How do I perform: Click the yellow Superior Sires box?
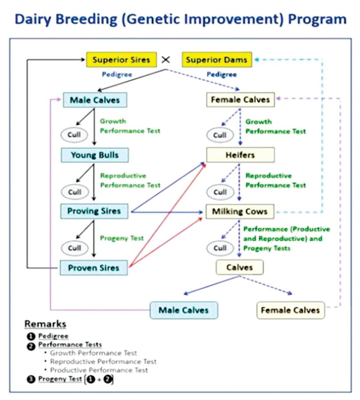click(121, 60)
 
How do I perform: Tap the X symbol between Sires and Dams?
click(166, 60)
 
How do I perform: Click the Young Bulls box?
click(94, 155)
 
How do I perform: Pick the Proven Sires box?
click(94, 267)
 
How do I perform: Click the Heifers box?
click(240, 155)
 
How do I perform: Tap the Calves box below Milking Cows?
click(240, 267)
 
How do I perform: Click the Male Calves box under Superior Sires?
click(95, 100)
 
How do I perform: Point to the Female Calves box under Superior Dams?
click(240, 100)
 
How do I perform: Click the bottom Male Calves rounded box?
click(184, 310)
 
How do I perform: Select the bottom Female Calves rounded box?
click(290, 310)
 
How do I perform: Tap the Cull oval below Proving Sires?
click(75, 248)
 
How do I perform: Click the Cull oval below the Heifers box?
click(220, 192)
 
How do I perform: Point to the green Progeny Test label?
click(122, 238)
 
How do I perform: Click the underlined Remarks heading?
click(45, 324)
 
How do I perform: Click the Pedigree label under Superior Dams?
click(222, 75)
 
